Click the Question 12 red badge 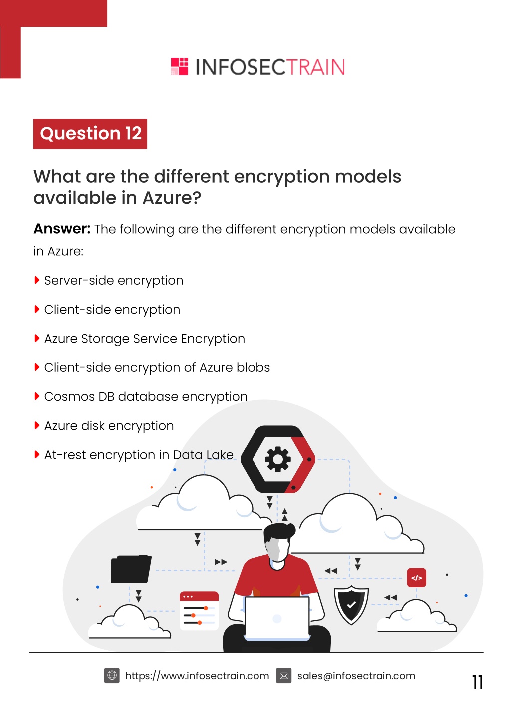click(90, 134)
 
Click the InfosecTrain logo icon click(180, 66)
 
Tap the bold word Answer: click(62, 229)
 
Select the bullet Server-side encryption click(114, 280)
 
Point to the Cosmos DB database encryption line click(146, 397)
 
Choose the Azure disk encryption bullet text click(109, 426)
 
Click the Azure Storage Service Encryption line click(145, 339)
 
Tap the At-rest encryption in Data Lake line click(139, 455)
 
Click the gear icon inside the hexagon click(278, 459)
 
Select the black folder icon click(131, 569)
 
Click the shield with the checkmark click(351, 605)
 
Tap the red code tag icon click(416, 578)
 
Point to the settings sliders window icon click(199, 611)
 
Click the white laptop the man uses click(277, 618)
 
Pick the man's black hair click(278, 532)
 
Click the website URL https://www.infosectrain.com click(197, 676)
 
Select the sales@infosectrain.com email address click(356, 676)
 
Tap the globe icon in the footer click(112, 675)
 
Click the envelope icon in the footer click(284, 676)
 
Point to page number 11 click(477, 682)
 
